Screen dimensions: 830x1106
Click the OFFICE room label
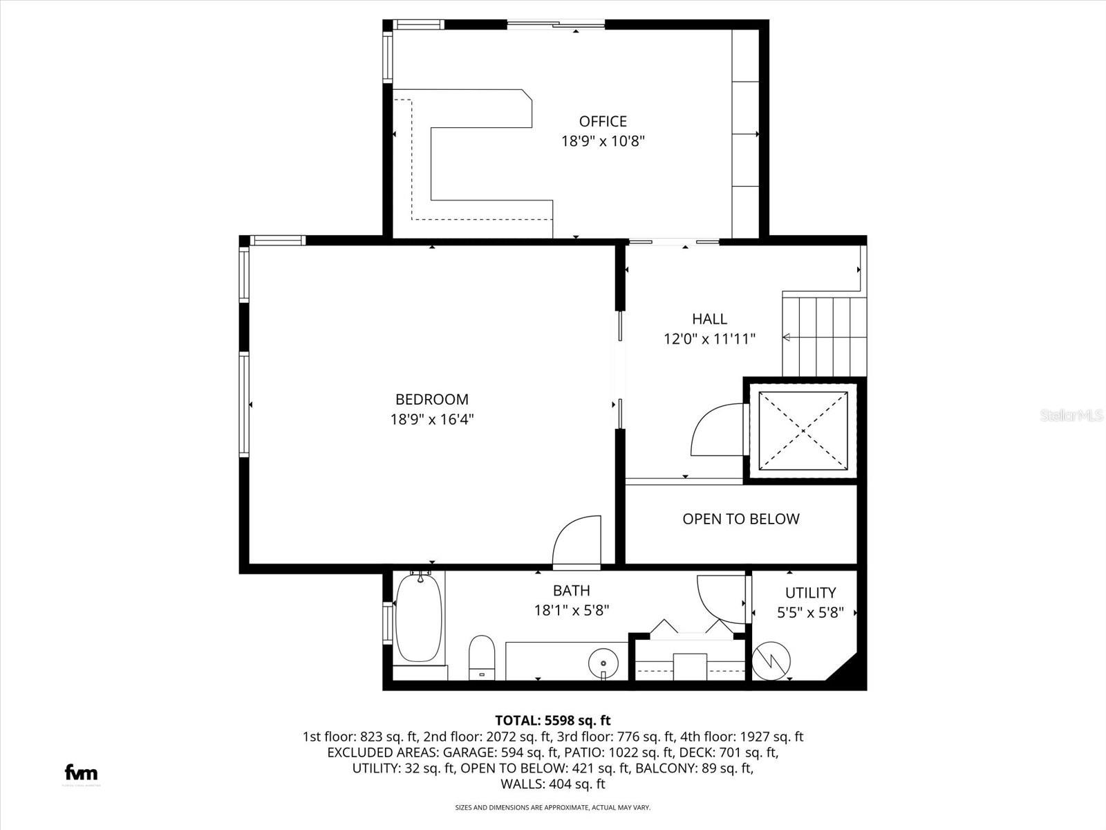click(603, 122)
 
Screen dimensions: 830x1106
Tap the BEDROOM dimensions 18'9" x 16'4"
click(432, 419)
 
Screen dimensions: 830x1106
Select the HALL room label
click(709, 319)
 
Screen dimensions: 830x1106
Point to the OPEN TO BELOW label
click(740, 519)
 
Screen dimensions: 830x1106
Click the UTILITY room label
click(810, 593)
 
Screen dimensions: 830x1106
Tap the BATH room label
click(571, 591)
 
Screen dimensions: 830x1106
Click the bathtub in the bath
click(418, 619)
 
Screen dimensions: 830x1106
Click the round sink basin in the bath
click(603, 663)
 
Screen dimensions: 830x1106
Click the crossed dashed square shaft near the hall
click(803, 431)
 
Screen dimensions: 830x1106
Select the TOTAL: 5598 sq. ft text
click(553, 720)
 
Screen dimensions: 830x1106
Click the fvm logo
click(81, 773)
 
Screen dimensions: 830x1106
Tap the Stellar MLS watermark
click(1071, 415)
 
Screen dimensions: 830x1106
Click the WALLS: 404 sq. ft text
click(553, 784)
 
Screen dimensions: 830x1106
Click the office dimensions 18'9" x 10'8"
click(603, 141)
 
